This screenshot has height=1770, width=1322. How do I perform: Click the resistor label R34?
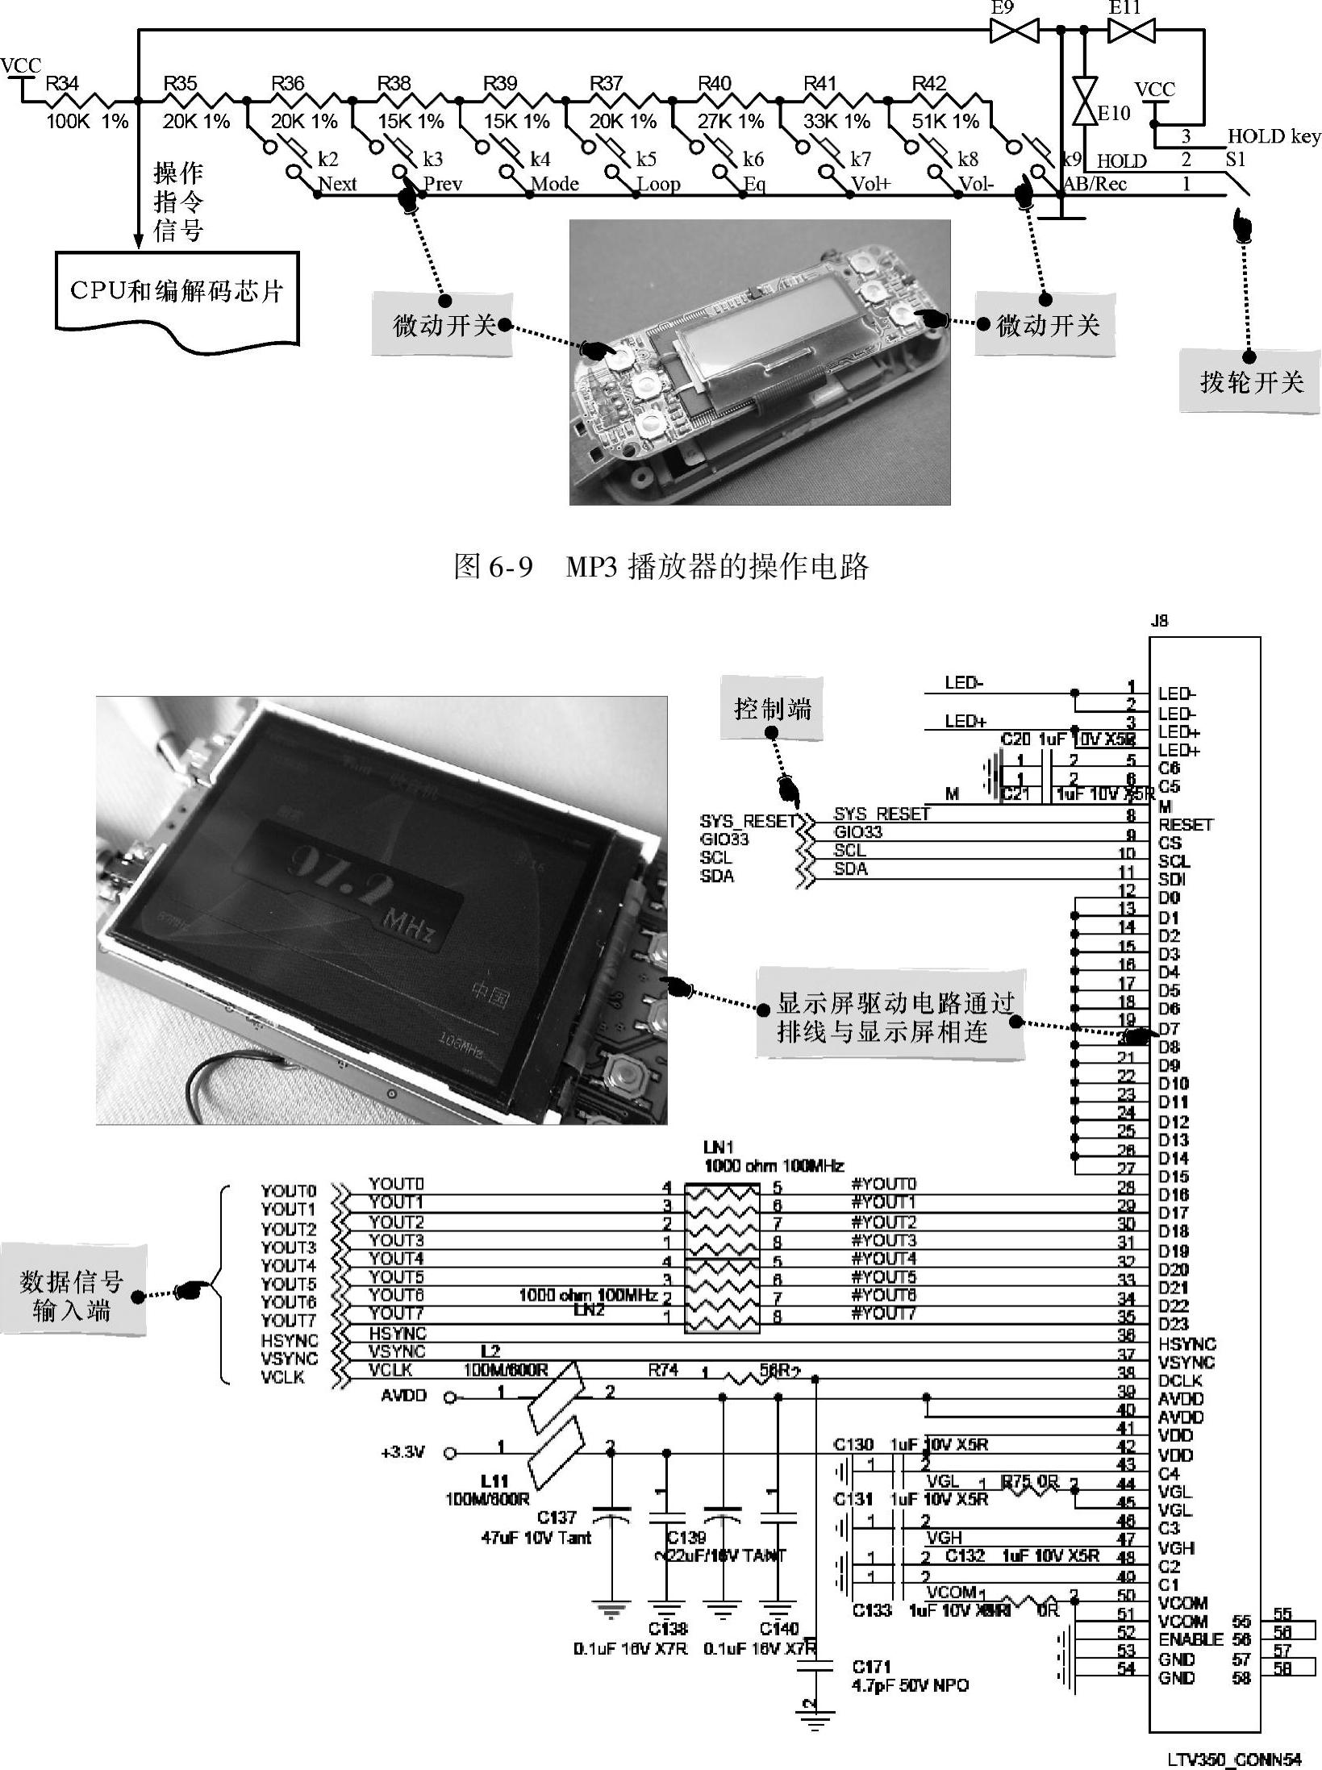pos(62,84)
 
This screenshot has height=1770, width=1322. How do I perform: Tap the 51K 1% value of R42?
pos(945,122)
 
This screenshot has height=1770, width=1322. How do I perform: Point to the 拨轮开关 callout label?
pos(1251,381)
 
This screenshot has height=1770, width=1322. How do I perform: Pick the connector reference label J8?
pos(1158,622)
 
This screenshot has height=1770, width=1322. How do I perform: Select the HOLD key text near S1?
pos(1274,136)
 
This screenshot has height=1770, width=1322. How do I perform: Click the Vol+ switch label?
pos(871,184)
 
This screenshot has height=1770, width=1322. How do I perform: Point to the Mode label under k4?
pos(555,184)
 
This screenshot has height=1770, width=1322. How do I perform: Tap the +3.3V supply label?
pos(402,1452)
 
